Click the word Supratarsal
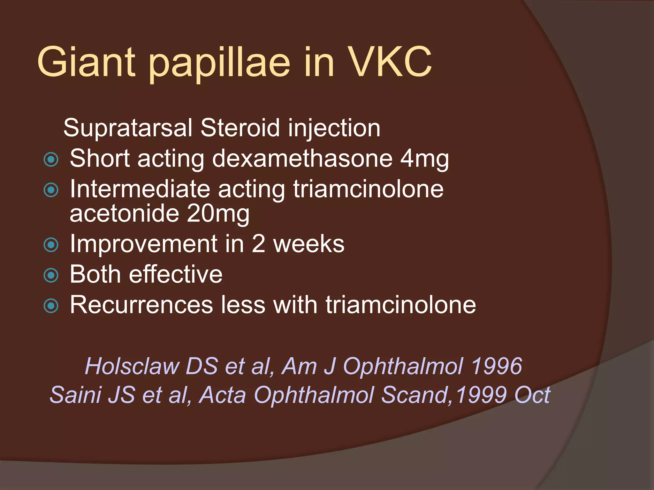pyautogui.click(x=128, y=128)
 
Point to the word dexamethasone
pyautogui.click(x=302, y=158)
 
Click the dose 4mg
pyautogui.click(x=425, y=159)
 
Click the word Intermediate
pyautogui.click(x=140, y=189)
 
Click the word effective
pyautogui.click(x=176, y=274)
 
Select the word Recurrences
pyautogui.click(x=141, y=305)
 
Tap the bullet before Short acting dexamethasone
pyautogui.click(x=51, y=160)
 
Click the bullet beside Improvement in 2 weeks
pyautogui.click(x=51, y=245)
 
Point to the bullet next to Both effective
pyautogui.click(x=51, y=275)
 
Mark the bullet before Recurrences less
pyautogui.click(x=51, y=306)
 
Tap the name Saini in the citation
pyautogui.click(x=75, y=395)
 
